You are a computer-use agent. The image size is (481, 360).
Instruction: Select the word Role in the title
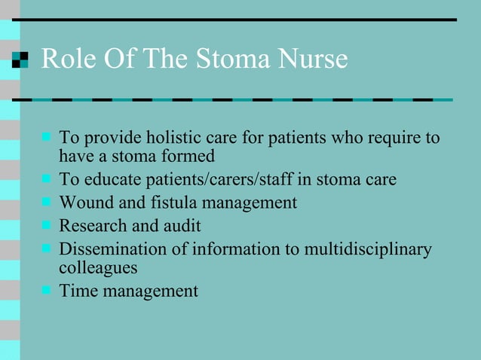pyautogui.click(x=66, y=59)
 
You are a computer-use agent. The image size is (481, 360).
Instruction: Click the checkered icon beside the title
pyautogui.click(x=20, y=59)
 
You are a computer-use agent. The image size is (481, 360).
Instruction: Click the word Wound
pyautogui.click(x=84, y=203)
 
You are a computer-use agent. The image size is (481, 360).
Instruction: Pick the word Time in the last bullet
pyautogui.click(x=76, y=290)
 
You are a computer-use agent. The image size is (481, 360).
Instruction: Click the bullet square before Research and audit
pyautogui.click(x=46, y=224)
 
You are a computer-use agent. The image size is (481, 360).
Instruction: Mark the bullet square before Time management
pyautogui.click(x=46, y=289)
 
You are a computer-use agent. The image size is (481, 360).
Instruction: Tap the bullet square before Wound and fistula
pyautogui.click(x=46, y=202)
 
